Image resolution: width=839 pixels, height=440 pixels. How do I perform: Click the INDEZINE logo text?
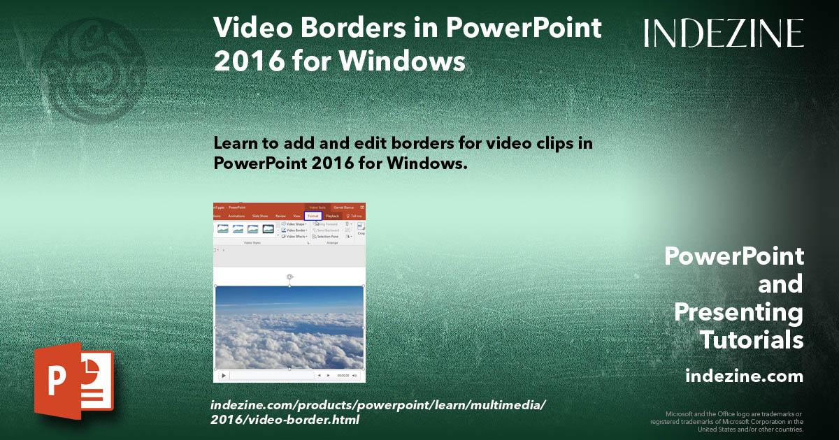point(724,33)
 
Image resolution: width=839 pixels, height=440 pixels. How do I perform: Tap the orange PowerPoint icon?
point(73,381)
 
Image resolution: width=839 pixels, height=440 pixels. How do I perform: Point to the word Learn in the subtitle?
point(237,143)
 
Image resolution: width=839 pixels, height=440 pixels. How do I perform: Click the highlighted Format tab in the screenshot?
point(313,217)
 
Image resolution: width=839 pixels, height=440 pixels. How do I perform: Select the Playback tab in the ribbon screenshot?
point(332,217)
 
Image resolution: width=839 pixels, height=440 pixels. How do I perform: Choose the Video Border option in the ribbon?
point(295,230)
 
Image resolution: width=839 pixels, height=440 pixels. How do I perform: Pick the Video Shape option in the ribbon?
point(295,224)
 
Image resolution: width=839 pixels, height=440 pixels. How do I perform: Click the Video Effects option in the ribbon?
point(295,237)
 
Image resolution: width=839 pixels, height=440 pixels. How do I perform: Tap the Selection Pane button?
point(326,237)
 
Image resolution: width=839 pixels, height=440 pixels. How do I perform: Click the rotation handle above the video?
point(289,277)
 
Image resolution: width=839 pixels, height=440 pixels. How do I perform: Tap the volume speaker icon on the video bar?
point(354,376)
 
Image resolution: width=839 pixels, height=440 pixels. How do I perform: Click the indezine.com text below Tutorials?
point(744,376)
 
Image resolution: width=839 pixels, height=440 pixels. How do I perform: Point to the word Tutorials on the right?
point(751,340)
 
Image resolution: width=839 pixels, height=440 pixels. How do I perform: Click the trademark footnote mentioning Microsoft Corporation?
point(726,422)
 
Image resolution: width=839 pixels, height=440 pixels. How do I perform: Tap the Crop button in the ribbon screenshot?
point(361,229)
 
